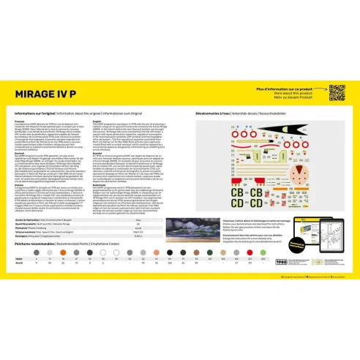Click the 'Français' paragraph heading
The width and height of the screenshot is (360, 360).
point(21,121)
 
